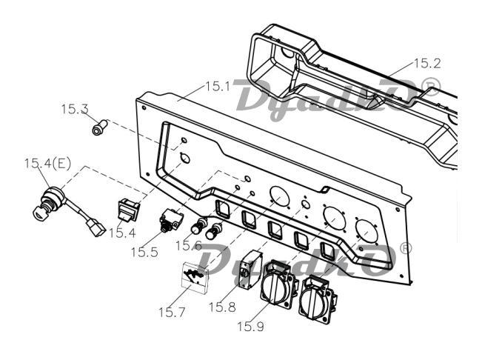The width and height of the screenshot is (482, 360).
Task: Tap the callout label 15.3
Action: coord(74,110)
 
